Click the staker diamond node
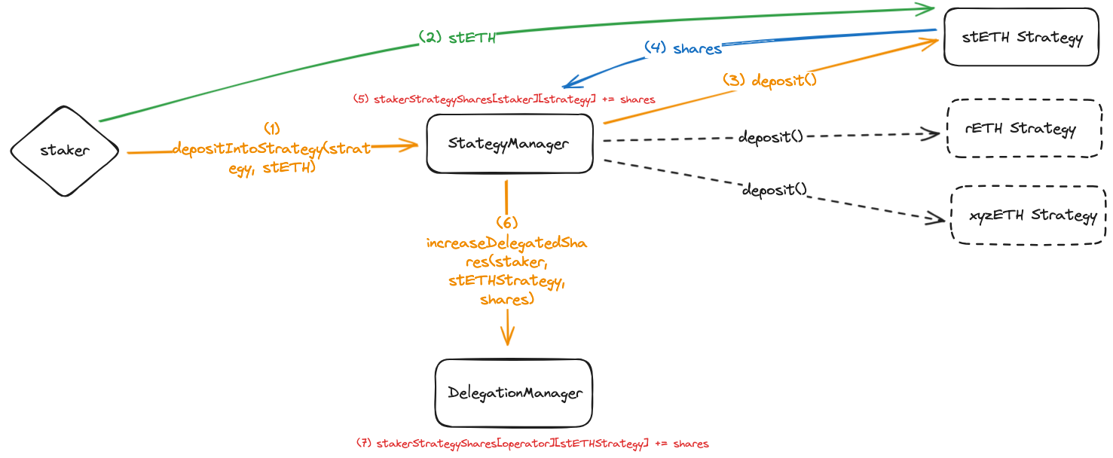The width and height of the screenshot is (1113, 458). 65,151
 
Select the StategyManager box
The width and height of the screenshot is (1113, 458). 509,144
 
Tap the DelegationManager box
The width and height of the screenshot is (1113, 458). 514,392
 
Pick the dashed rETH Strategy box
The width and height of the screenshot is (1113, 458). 1024,128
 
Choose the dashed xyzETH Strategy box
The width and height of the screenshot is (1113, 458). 1029,215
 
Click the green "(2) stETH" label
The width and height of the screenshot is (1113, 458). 457,37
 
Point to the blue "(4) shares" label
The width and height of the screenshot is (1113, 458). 683,47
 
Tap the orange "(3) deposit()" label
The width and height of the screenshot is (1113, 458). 769,80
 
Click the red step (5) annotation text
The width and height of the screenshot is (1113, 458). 504,99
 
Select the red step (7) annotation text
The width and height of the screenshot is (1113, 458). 532,444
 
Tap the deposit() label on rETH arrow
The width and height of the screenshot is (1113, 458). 770,137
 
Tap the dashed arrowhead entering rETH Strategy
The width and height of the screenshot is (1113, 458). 933,134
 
